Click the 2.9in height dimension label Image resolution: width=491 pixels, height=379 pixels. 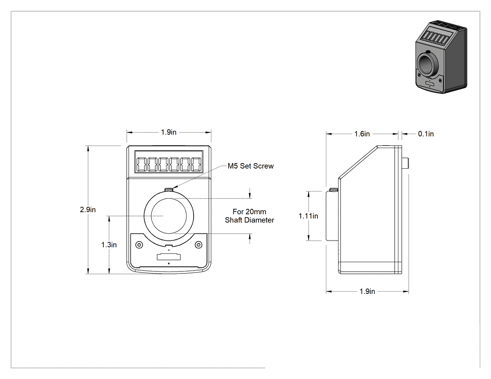coord(88,210)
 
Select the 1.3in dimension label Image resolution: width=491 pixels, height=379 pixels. coord(108,245)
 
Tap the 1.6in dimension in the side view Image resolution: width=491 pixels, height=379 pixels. coord(362,134)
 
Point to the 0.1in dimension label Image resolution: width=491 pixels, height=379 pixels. coord(426,134)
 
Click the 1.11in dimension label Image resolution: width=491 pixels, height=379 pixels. coord(308,216)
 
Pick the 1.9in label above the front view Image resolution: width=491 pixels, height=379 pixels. coord(168,132)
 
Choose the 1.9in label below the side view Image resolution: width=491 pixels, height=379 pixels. coord(367,291)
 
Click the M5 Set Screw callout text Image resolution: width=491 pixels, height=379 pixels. coord(251,166)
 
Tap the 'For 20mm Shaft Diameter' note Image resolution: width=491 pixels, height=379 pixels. coord(249,216)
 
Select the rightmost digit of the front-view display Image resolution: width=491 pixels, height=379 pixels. coord(196,164)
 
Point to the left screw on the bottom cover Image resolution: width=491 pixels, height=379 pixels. coord(139,244)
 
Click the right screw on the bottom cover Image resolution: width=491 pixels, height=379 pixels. coord(199,244)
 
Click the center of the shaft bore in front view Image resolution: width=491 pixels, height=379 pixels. coord(169,216)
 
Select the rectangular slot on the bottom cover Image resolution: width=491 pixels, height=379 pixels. coord(169,257)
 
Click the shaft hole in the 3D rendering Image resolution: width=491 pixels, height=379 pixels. coord(426,64)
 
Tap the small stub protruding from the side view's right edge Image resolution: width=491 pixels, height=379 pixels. coord(405,164)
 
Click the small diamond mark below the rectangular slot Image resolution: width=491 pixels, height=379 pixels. coord(169,264)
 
